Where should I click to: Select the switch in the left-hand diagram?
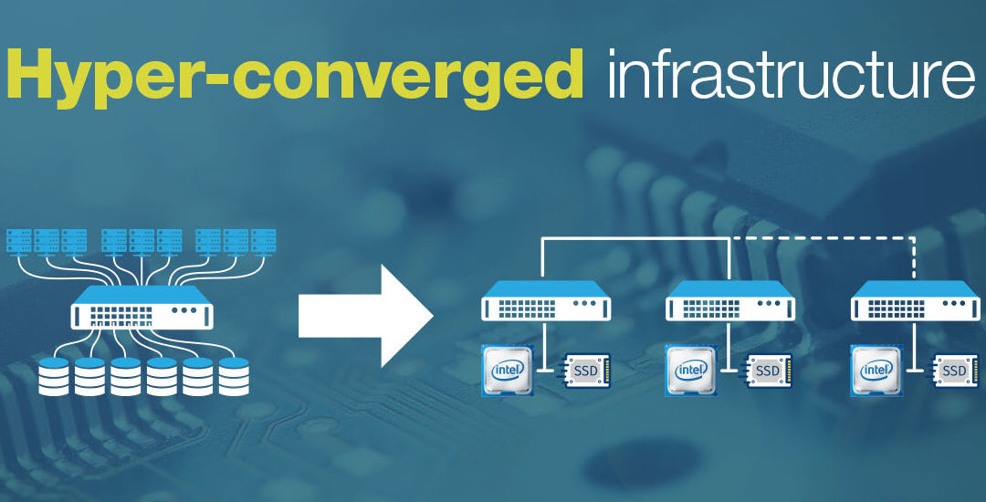coord(142,307)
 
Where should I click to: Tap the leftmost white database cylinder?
coord(53,375)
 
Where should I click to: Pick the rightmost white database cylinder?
coord(234,375)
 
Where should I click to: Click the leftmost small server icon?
coord(19,240)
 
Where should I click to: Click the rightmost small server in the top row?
coord(263,240)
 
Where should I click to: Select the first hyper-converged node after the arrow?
coord(546,300)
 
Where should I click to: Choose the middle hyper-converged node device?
coord(730,300)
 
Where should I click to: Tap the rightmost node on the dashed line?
coord(915,300)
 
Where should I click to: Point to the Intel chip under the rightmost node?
coord(877,370)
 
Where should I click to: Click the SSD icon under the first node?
coord(585,371)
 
